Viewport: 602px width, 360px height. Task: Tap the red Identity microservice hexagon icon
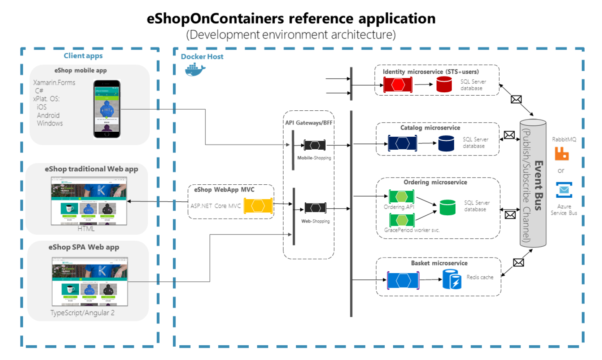[x=398, y=85]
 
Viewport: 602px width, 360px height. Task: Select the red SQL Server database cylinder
[x=444, y=84]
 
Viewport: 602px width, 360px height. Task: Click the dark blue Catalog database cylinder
[x=446, y=143]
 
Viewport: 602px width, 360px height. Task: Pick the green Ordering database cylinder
[x=448, y=207]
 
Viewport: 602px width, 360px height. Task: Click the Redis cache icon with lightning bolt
[x=452, y=279]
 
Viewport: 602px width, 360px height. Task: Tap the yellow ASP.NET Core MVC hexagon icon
[x=258, y=206]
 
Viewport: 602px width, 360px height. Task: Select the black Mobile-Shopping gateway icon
[x=315, y=145]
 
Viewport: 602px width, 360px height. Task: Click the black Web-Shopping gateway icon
[x=315, y=208]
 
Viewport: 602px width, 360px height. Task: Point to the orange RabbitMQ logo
[x=562, y=154]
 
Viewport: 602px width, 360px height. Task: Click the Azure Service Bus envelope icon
[x=564, y=190]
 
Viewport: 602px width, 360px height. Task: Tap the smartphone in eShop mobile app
[x=107, y=109]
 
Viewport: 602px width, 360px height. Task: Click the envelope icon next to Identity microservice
[x=516, y=99]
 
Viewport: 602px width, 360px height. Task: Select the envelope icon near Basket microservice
[x=518, y=263]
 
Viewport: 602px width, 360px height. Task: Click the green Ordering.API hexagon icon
[x=401, y=197]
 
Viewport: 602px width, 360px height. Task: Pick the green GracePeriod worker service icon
[x=402, y=220]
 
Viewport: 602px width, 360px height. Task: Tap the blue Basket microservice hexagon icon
[x=403, y=280]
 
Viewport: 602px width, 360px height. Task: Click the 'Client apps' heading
[x=83, y=56]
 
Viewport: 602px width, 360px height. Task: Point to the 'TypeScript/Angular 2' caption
[x=82, y=313]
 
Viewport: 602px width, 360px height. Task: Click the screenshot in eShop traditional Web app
[x=89, y=201]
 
